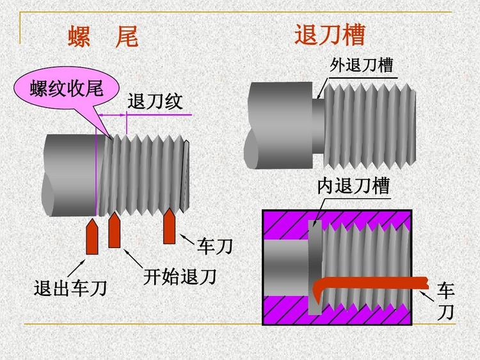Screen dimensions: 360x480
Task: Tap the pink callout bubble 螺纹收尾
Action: pos(67,90)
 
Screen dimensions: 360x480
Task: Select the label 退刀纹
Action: pos(156,102)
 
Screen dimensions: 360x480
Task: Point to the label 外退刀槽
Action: pos(361,65)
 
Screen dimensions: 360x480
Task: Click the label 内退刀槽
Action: pos(353,185)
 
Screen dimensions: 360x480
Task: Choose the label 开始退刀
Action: pos(179,276)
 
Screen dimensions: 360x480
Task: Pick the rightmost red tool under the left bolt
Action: pos(170,226)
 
